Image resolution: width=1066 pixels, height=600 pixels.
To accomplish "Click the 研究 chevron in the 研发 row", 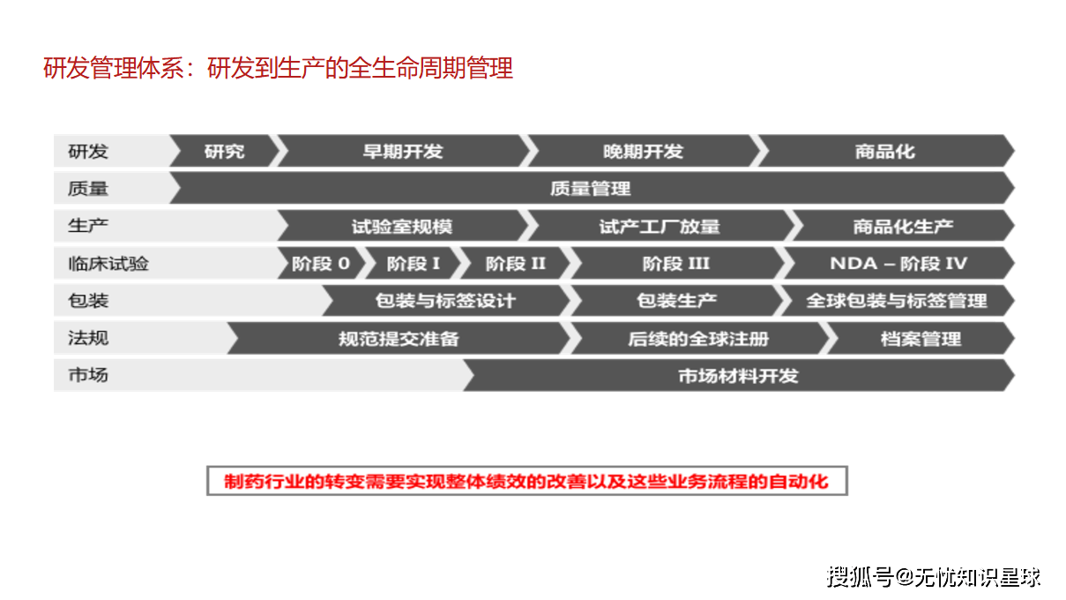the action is pyautogui.click(x=224, y=152).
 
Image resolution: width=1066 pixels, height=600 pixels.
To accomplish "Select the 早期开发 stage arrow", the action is pyautogui.click(x=402, y=152).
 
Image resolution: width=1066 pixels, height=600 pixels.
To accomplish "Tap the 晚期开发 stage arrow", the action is pyautogui.click(x=643, y=152).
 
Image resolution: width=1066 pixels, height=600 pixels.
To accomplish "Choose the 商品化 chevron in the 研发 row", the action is pyautogui.click(x=884, y=152).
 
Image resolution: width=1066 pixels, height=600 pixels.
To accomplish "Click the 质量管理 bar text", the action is pyautogui.click(x=590, y=189).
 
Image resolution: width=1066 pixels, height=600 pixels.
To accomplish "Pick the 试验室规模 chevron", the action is pyautogui.click(x=402, y=227).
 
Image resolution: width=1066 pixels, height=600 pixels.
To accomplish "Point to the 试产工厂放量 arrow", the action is pyautogui.click(x=660, y=227).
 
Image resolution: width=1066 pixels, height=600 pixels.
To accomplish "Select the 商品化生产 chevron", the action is pyautogui.click(x=903, y=227).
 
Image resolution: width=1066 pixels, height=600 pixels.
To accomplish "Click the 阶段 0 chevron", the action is pyautogui.click(x=321, y=264).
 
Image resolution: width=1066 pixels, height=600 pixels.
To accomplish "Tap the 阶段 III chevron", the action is pyautogui.click(x=676, y=264).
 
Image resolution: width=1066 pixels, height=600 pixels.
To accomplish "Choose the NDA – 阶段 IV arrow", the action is pyautogui.click(x=898, y=264).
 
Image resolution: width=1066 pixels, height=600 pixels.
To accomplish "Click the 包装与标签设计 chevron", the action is pyautogui.click(x=445, y=301).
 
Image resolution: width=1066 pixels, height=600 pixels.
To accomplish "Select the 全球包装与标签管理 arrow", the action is pyautogui.click(x=897, y=301).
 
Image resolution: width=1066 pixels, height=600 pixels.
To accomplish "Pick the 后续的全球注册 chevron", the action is pyautogui.click(x=698, y=339).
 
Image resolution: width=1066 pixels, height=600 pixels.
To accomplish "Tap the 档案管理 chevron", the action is pyautogui.click(x=921, y=339).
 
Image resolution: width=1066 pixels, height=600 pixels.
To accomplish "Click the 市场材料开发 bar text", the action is pyautogui.click(x=738, y=376).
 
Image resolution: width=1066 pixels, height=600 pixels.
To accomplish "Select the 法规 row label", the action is pyautogui.click(x=88, y=339).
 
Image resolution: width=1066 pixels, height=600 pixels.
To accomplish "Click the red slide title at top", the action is pyautogui.click(x=278, y=68).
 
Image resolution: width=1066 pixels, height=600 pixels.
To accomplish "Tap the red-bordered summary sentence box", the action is pyautogui.click(x=526, y=482).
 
